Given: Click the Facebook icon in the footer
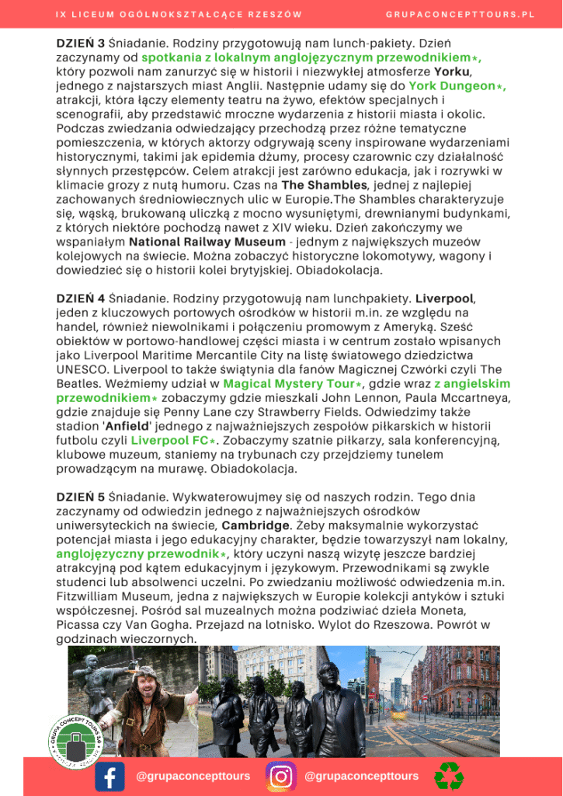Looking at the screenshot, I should coord(109,777).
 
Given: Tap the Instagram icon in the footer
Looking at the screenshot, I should coord(281,777).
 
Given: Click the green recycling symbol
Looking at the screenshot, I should coord(449,776).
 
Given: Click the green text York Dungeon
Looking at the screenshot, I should coord(451,86).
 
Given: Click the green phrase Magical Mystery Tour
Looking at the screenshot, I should coord(281,383).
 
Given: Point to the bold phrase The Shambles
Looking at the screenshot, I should coord(324,185).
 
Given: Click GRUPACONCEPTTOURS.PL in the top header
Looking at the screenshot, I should coord(460,15).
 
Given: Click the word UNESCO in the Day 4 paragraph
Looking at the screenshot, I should coord(82,354).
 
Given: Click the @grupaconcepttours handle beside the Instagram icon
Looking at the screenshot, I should coord(362,776).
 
